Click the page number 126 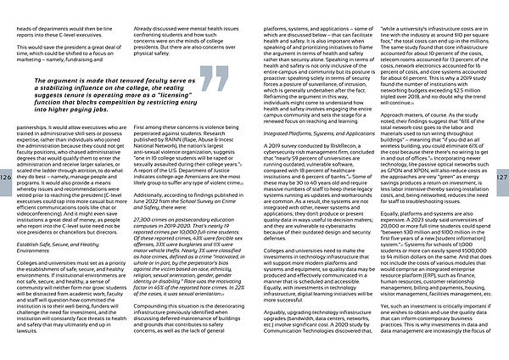6,177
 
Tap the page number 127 502,177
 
